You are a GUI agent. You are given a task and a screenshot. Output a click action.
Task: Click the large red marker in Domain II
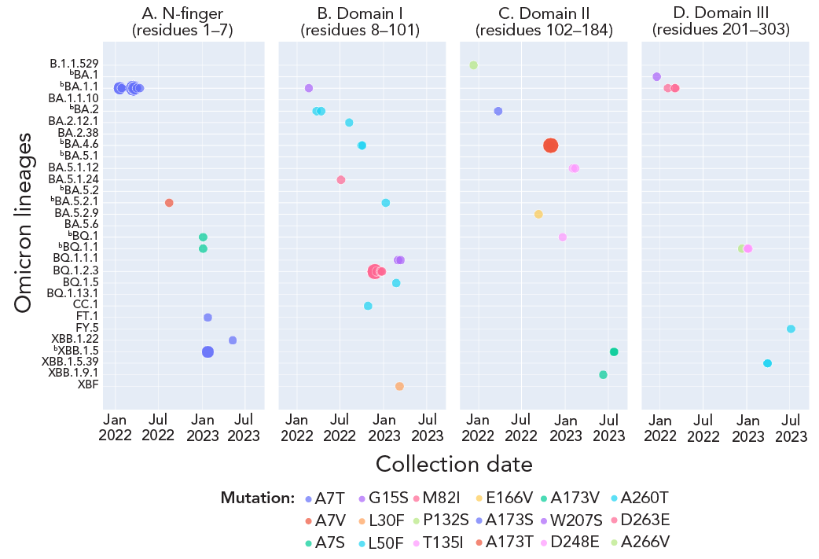tap(550, 145)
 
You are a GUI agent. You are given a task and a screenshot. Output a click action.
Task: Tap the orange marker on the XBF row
tap(399, 386)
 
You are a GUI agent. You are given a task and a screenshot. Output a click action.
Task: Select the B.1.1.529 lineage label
tap(74, 64)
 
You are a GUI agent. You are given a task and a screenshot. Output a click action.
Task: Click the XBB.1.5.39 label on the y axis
tap(70, 362)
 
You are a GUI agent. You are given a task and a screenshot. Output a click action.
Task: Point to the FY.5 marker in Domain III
tap(791, 329)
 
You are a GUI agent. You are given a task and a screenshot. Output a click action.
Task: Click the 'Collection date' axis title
tap(454, 464)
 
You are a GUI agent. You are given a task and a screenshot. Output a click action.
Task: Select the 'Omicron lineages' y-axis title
tap(24, 222)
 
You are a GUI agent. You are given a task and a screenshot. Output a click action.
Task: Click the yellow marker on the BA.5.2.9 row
tap(538, 214)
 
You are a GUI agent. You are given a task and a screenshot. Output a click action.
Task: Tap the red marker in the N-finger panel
tap(169, 203)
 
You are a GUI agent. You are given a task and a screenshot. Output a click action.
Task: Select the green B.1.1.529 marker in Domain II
tap(473, 64)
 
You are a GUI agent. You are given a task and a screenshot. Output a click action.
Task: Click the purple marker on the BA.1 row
tap(656, 76)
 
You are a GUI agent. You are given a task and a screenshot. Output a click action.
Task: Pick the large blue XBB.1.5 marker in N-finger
tap(208, 352)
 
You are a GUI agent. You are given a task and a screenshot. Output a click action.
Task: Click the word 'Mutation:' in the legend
tap(257, 498)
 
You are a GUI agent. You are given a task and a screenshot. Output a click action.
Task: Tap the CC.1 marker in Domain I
tap(368, 306)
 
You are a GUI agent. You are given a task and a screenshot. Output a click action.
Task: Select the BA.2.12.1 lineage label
tap(73, 121)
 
